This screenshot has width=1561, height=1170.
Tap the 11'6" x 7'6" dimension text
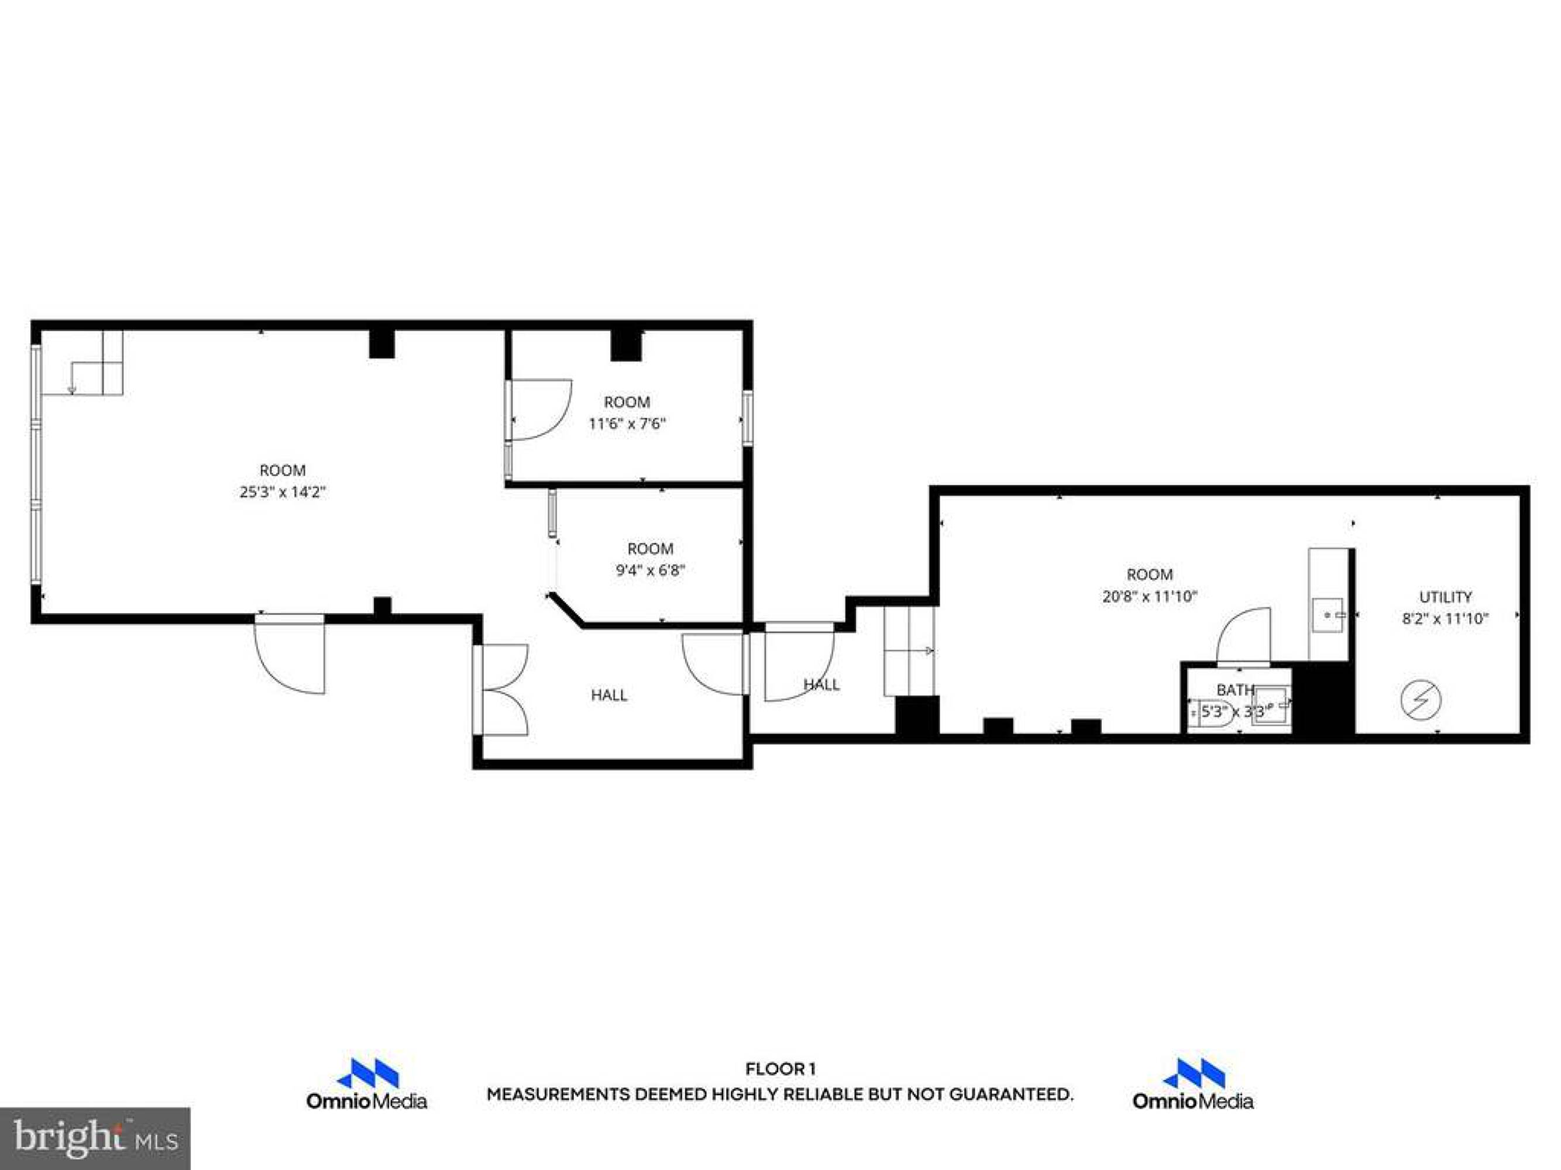[627, 424]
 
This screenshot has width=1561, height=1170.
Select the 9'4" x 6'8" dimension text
[651, 570]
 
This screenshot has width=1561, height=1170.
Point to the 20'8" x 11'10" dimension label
[1150, 596]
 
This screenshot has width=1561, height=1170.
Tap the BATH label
[1235, 690]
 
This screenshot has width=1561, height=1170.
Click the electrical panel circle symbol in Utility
[1421, 700]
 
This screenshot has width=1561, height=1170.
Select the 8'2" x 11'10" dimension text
[1445, 619]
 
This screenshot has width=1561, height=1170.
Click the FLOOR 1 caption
[780, 1069]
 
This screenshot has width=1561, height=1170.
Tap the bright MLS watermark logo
[95, 1138]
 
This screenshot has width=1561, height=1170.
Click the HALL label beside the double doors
[609, 695]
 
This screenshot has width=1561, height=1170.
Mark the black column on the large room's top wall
[382, 343]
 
